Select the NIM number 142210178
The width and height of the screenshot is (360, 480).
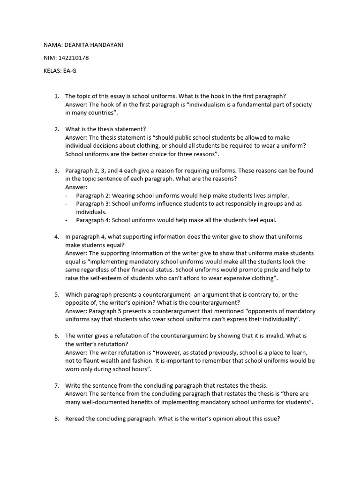[x=74, y=58]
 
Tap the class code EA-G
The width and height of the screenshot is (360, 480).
[x=68, y=71]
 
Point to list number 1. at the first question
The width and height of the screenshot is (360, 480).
[x=57, y=97]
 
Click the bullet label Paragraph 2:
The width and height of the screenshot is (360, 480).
[x=93, y=195]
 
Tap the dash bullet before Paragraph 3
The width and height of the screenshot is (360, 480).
[x=67, y=204]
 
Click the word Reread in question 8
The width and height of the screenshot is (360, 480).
[x=75, y=419]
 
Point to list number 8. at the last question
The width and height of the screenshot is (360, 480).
[x=57, y=419]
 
